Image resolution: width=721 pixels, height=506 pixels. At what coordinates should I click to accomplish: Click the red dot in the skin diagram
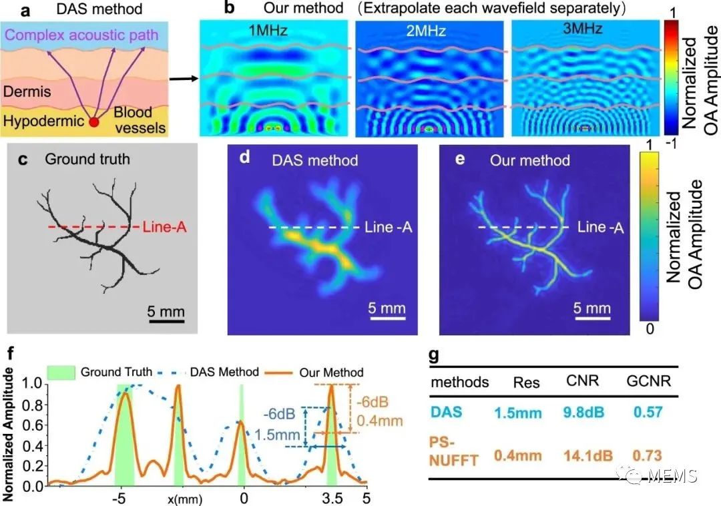[x=95, y=122]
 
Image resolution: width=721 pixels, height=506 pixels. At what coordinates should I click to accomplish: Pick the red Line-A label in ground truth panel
[x=163, y=228]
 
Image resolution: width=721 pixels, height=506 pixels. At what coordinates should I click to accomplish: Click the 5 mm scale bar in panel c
[x=166, y=320]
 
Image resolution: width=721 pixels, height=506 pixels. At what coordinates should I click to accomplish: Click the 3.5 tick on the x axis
[x=331, y=498]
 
